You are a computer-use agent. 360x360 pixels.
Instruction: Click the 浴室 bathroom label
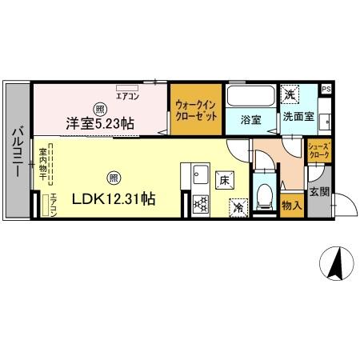[x=250, y=120]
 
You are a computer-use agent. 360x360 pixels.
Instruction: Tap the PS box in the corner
[x=326, y=89]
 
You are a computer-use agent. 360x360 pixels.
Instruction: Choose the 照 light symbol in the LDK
[x=114, y=178]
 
